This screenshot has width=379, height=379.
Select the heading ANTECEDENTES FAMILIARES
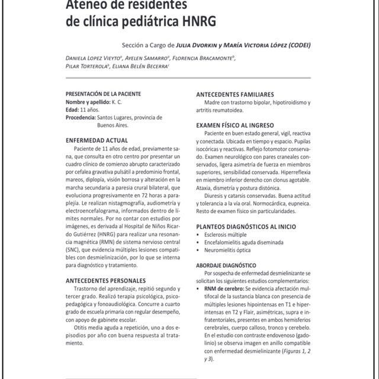235,94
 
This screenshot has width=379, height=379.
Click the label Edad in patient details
72,110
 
